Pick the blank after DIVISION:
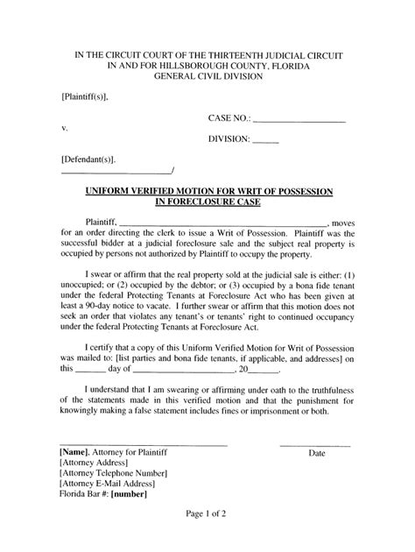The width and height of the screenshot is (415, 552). [266, 140]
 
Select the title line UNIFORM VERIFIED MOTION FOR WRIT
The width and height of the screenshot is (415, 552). [208, 190]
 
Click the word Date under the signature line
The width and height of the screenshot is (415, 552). [316, 454]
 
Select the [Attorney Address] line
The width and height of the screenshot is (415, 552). [96, 464]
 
